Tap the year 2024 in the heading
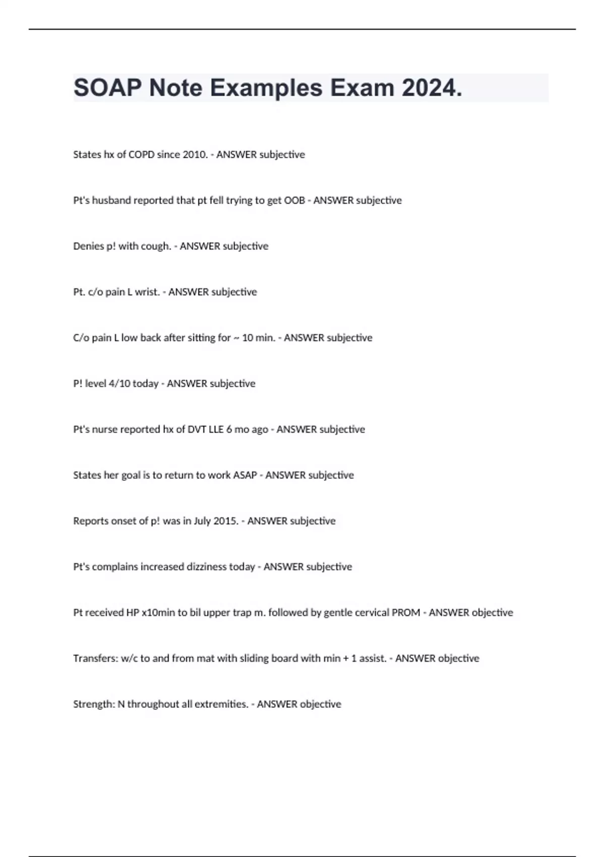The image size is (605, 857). click(432, 88)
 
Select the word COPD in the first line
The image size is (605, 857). click(141, 155)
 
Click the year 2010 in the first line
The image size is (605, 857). click(195, 155)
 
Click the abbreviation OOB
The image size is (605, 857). click(294, 201)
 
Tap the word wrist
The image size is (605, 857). click(147, 292)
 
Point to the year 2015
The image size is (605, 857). click(225, 521)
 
